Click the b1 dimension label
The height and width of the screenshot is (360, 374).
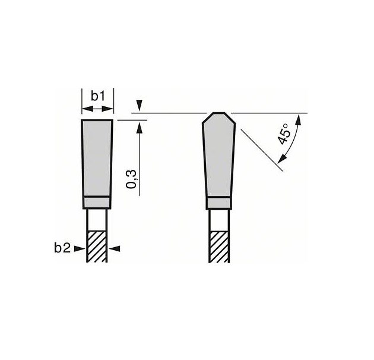pos(98,96)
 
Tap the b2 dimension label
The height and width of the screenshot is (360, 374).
pos(62,248)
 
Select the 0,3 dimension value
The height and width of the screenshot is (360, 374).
pos(131,179)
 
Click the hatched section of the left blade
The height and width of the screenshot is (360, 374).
pos(97,247)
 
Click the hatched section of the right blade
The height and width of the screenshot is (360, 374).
pos(219,247)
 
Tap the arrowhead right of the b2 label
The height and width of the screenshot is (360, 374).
pos(80,249)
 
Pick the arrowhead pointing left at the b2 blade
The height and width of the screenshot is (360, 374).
pos(115,249)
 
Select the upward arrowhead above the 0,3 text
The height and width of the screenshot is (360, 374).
pos(140,128)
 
